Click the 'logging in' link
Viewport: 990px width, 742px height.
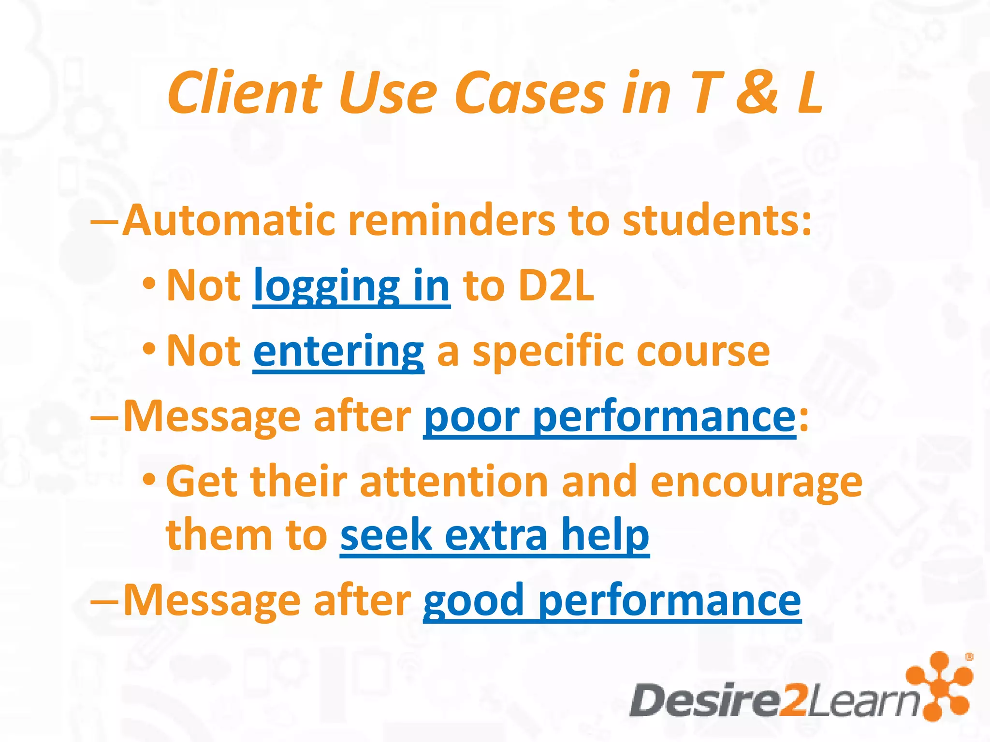click(x=351, y=286)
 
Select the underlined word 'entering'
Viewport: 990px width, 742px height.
click(x=338, y=351)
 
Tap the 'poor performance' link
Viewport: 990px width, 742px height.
click(x=609, y=416)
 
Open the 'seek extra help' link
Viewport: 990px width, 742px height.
click(x=494, y=535)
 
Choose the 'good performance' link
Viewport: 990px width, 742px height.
click(x=611, y=600)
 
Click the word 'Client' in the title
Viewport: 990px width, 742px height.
click(x=244, y=93)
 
